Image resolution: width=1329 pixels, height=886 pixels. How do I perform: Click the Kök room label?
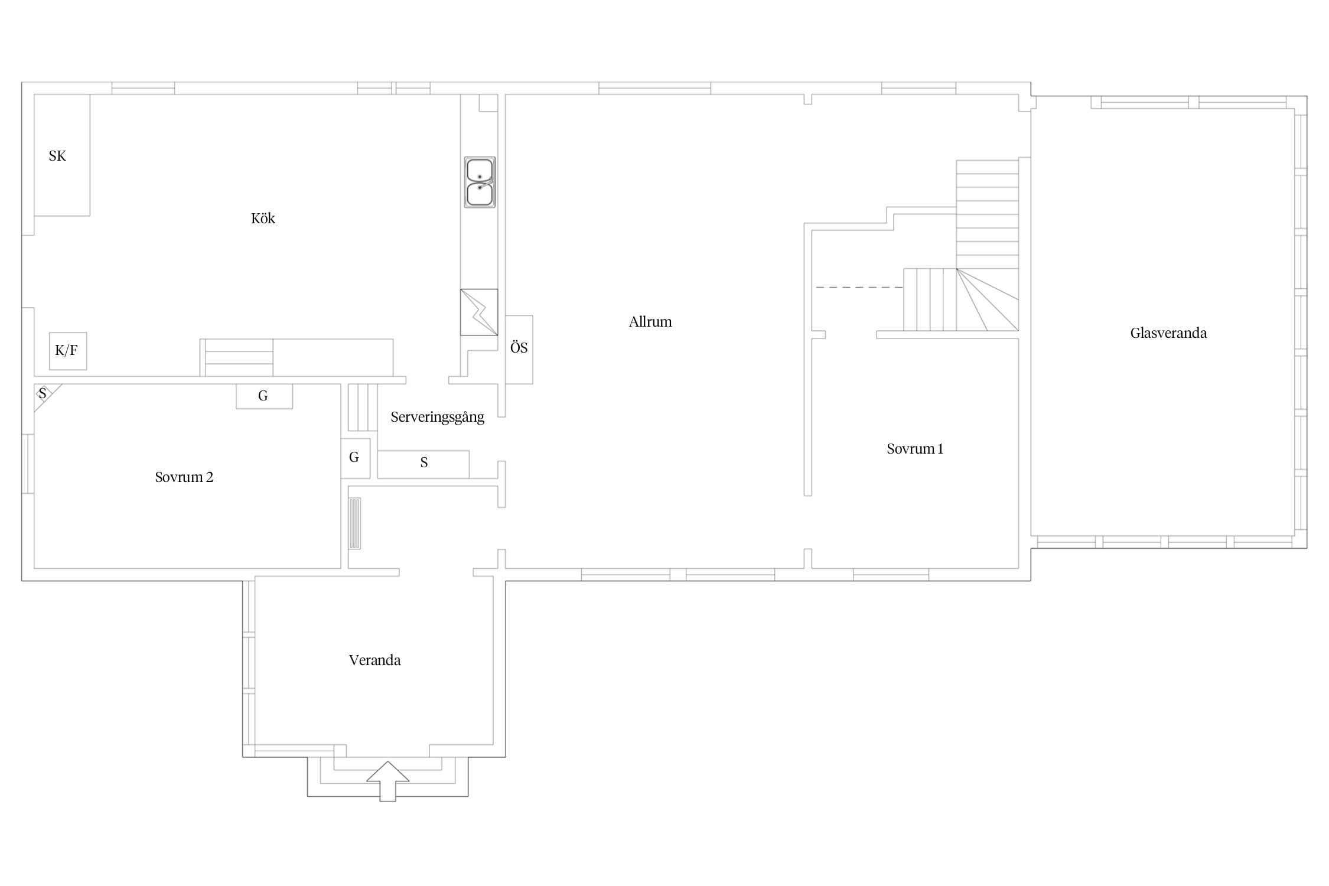coord(263,219)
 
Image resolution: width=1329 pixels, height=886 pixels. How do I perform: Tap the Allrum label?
coord(650,322)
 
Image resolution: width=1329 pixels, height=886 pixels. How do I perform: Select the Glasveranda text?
coord(1168,333)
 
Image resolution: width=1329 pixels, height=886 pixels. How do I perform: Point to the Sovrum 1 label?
coord(915,449)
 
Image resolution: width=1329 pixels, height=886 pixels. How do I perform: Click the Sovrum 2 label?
coord(184,477)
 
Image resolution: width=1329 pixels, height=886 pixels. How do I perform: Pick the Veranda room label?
coord(374,660)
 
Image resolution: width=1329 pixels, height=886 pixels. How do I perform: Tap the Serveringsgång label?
coord(437,418)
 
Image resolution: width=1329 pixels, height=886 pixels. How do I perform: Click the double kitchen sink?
coord(480,182)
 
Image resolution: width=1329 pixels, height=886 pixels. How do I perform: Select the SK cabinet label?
coord(57,156)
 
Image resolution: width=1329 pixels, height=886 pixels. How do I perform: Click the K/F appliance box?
coord(68,351)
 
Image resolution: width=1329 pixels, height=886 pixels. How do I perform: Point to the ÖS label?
coord(519,348)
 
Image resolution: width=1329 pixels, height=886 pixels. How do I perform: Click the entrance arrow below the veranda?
coord(387,781)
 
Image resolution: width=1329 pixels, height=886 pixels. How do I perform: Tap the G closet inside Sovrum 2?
coord(264,396)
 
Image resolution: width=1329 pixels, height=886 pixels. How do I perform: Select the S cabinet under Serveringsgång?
coord(424,464)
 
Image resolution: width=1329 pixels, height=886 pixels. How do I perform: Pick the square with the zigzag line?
coord(479,312)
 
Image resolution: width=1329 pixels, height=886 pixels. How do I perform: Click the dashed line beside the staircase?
coord(859,287)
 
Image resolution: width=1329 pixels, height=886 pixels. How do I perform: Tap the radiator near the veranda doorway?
coord(354,523)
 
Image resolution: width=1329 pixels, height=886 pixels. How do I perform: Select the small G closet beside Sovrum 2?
coord(356,458)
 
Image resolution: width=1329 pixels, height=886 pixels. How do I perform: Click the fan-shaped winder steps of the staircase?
coord(988,299)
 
